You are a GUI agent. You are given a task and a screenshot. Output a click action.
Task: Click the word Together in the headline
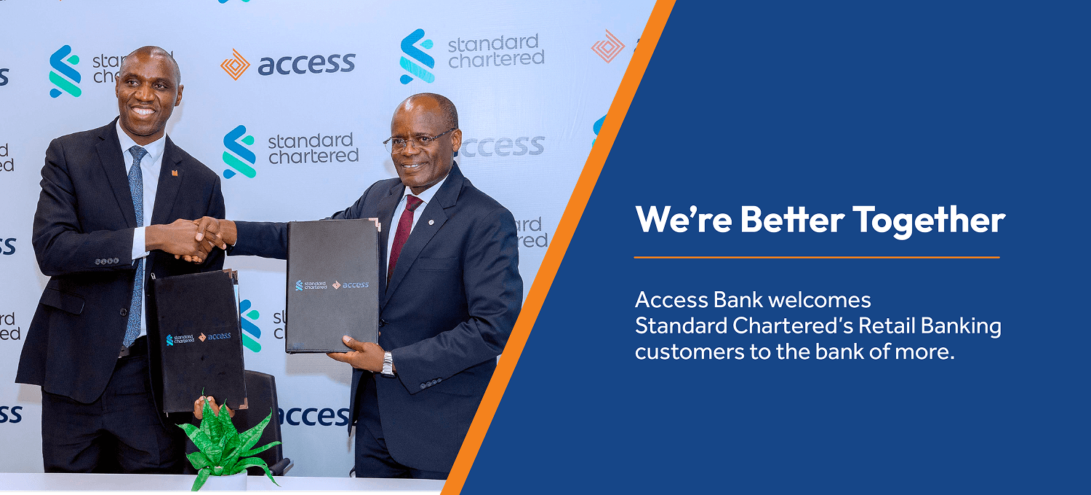tap(930, 221)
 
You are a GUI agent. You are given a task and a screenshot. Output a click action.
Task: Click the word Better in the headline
tap(793, 219)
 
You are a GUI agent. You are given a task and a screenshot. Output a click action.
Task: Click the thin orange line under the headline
tap(817, 257)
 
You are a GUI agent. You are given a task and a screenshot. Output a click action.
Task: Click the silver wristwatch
tap(387, 364)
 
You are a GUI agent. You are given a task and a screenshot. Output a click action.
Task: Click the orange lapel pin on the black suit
tap(174, 173)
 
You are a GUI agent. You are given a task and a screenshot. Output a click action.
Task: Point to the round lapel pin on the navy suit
tap(431, 222)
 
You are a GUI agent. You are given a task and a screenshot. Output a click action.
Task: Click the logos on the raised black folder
tap(332, 285)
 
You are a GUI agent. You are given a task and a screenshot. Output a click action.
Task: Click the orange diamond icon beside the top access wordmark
tap(235, 64)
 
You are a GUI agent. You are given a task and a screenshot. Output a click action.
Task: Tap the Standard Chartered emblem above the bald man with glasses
tap(417, 56)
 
